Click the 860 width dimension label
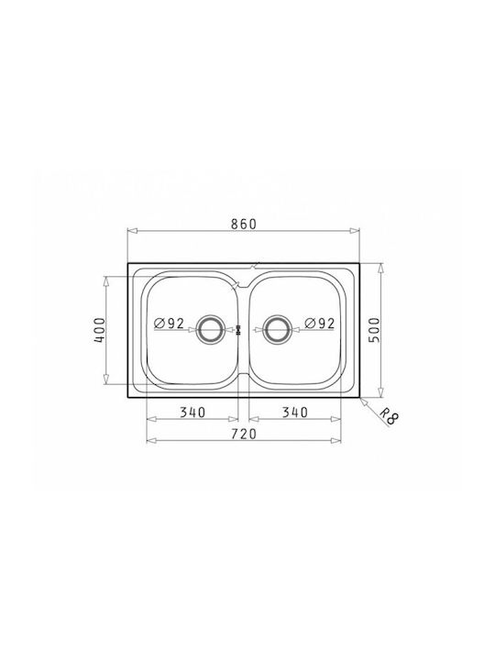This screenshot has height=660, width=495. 243,224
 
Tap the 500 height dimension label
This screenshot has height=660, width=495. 374,330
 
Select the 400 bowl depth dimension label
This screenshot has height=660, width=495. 99,330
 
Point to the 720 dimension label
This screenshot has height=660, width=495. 243,434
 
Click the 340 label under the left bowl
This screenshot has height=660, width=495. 192,412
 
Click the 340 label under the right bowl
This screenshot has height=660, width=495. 294,412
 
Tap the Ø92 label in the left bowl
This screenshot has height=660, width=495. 170,324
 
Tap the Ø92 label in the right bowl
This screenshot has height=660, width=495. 320,324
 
